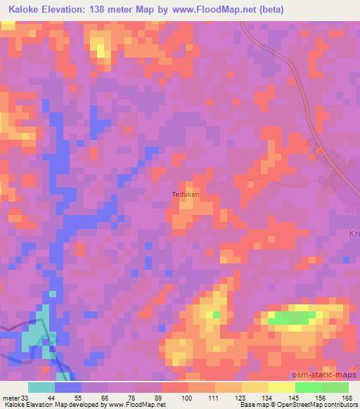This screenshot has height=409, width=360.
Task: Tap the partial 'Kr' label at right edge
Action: coord(354,234)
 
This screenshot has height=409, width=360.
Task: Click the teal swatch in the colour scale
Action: coord(41,387)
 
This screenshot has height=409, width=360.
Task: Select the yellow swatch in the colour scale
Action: coord(282,387)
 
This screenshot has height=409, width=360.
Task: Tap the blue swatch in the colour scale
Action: coord(68,387)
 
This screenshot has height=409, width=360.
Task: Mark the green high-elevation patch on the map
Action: coord(290,318)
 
